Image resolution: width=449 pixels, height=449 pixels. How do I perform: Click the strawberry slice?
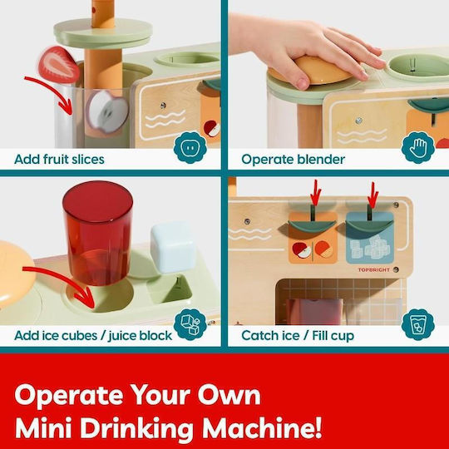point(59,66)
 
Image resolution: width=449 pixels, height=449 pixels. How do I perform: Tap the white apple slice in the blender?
point(107,111)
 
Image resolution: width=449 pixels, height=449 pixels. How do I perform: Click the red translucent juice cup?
point(98,233)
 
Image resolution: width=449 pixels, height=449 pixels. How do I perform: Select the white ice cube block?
point(174,248)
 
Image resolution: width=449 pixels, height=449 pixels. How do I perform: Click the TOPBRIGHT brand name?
point(373,269)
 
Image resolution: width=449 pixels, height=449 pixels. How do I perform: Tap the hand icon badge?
point(417,147)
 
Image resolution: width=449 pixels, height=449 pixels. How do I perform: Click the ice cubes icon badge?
point(190,324)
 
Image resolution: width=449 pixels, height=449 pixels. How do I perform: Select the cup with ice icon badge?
point(417,324)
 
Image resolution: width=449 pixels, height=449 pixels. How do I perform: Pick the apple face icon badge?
point(190,147)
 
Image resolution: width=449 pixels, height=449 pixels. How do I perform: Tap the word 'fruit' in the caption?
point(56,159)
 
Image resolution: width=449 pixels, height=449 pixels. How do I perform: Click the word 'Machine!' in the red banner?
point(262,428)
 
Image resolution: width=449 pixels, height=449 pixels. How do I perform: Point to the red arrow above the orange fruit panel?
point(316,193)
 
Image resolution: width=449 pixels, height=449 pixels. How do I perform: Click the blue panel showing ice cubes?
point(370,238)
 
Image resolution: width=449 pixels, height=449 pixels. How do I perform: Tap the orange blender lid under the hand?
point(312,70)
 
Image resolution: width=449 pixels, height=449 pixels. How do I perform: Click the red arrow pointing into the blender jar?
point(53,90)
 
